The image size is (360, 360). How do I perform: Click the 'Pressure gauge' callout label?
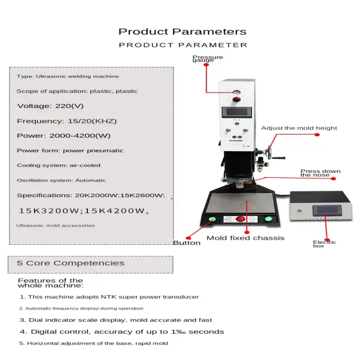pyautogui.click(x=208, y=59)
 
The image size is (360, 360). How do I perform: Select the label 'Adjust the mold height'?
pyautogui.click(x=299, y=128)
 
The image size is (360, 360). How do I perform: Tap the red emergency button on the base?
pyautogui.click(x=240, y=219)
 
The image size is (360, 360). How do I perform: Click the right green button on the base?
pyautogui.click(x=268, y=220)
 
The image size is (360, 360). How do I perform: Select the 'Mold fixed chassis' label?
pyautogui.click(x=245, y=238)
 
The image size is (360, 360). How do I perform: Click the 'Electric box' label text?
pyautogui.click(x=325, y=244)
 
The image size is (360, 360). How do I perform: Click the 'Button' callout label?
pyautogui.click(x=187, y=243)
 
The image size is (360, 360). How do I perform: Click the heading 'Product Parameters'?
pyautogui.click(x=183, y=32)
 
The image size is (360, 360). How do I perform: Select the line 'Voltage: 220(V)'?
pyautogui.click(x=50, y=106)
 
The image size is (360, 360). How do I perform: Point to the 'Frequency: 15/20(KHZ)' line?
pyautogui.click(x=67, y=121)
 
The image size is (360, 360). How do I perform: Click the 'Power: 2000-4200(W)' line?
pyautogui.click(x=64, y=136)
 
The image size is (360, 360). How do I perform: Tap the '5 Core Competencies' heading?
pyautogui.click(x=71, y=263)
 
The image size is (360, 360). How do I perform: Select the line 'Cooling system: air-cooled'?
pyautogui.click(x=59, y=166)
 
